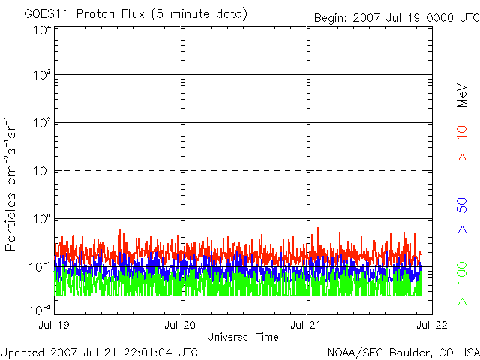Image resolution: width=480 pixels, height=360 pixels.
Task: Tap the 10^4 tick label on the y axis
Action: tap(42, 30)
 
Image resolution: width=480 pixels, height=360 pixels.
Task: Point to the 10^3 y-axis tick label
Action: tap(42, 75)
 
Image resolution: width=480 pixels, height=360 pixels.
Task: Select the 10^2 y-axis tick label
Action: tap(42, 122)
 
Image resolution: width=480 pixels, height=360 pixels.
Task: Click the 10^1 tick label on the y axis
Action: tap(42, 170)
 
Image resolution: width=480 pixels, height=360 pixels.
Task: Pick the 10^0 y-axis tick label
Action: tap(42, 218)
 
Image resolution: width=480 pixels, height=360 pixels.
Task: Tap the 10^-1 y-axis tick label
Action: tap(40, 266)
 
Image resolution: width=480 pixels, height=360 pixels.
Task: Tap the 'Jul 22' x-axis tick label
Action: tap(430, 325)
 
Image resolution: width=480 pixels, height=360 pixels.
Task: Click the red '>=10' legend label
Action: tap(463, 143)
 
